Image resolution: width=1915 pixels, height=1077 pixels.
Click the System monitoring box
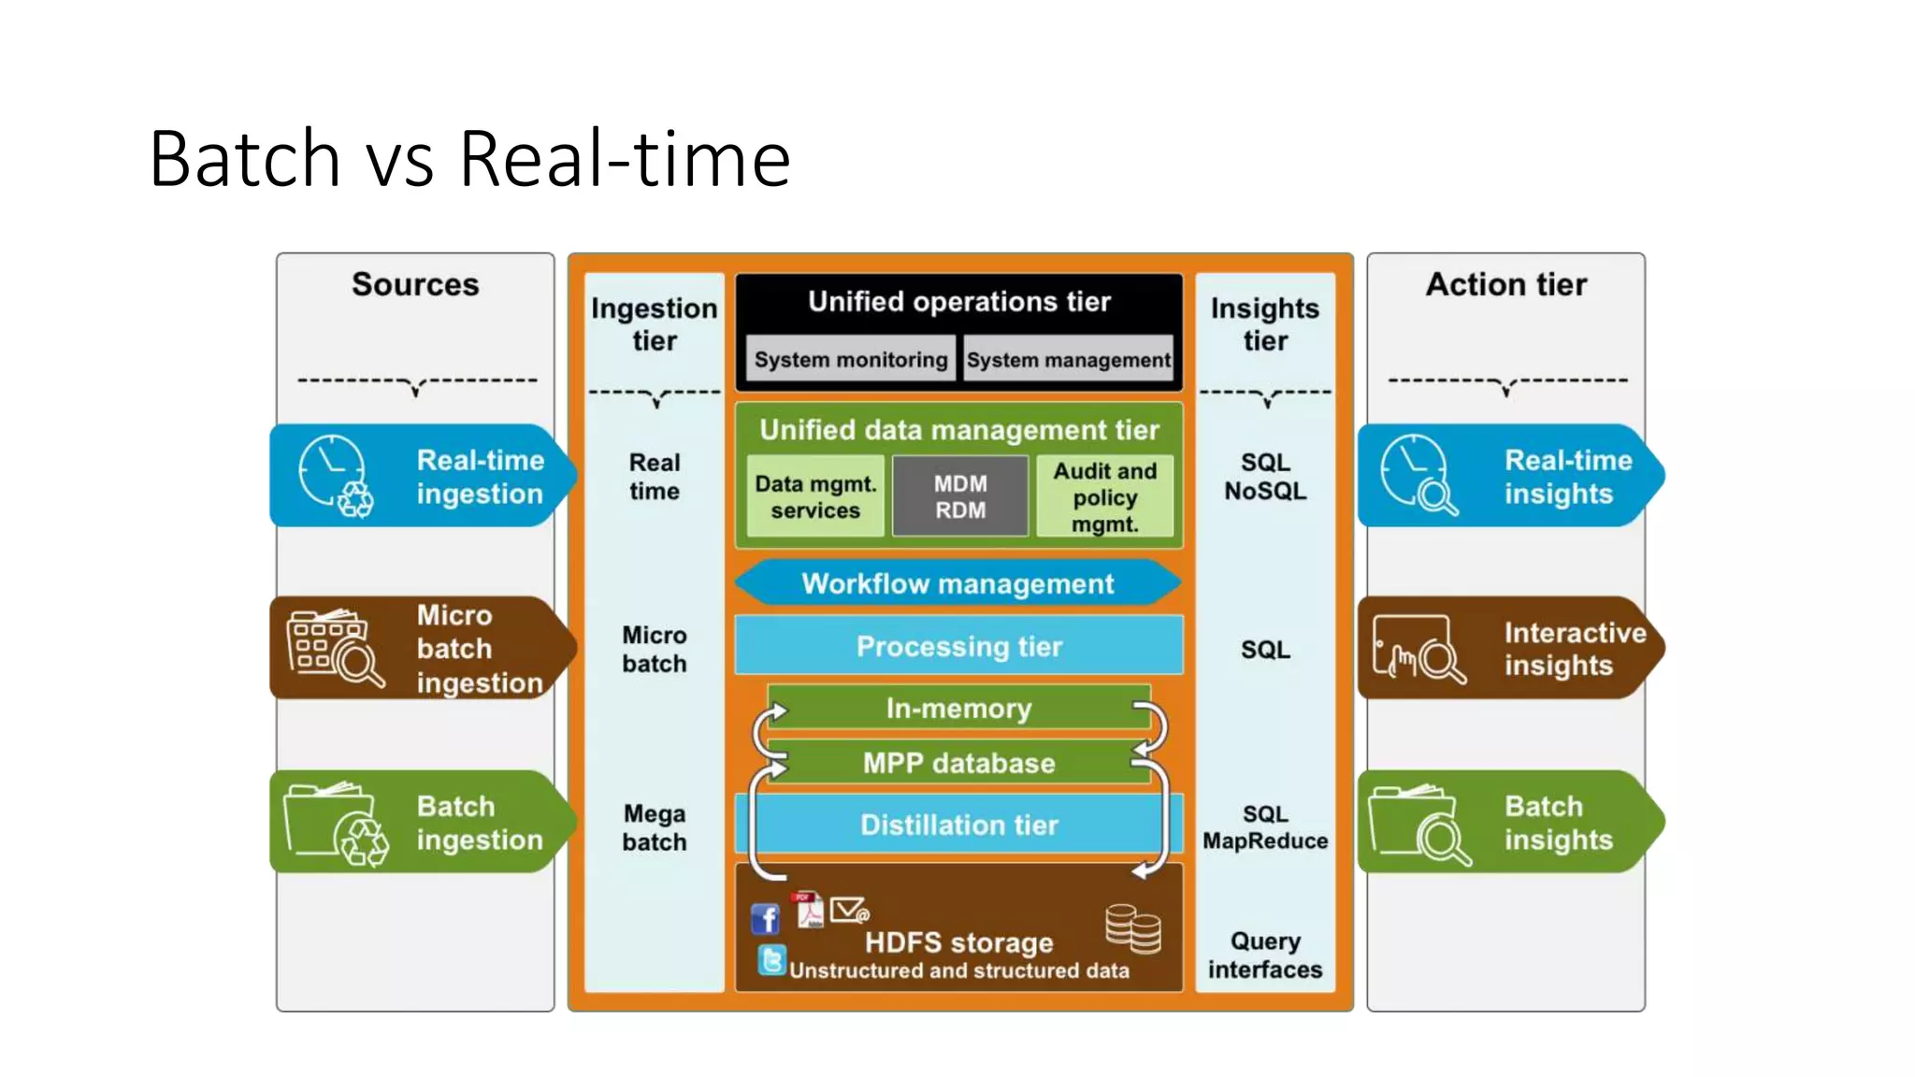coord(850,360)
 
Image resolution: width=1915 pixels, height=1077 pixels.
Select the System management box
coord(1067,360)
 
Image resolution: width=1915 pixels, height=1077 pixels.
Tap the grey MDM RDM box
coord(960,496)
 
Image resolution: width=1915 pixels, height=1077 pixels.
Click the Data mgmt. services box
coord(815,496)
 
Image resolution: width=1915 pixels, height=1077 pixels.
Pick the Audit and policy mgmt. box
coord(1104,496)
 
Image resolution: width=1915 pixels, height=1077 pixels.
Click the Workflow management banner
coord(957,583)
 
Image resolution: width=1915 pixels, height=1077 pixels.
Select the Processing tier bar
coord(958,646)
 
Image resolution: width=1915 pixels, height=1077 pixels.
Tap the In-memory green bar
coord(958,708)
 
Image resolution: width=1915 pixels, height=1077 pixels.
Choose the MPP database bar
coord(958,763)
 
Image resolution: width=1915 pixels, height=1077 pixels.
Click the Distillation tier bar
coord(958,825)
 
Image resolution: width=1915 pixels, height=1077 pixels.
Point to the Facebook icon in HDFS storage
coord(766,919)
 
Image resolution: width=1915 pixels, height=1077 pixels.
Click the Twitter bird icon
coord(772,960)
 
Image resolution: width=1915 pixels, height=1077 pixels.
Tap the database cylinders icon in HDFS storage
coord(1132,928)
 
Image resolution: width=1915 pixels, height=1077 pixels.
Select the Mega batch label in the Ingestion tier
coord(655,827)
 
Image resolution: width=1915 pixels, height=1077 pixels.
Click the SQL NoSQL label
coord(1265,476)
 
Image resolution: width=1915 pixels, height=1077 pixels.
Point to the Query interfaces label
coord(1265,955)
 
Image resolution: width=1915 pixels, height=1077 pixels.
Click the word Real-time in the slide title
coord(625,158)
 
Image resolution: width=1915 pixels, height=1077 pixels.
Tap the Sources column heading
coord(415,284)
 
